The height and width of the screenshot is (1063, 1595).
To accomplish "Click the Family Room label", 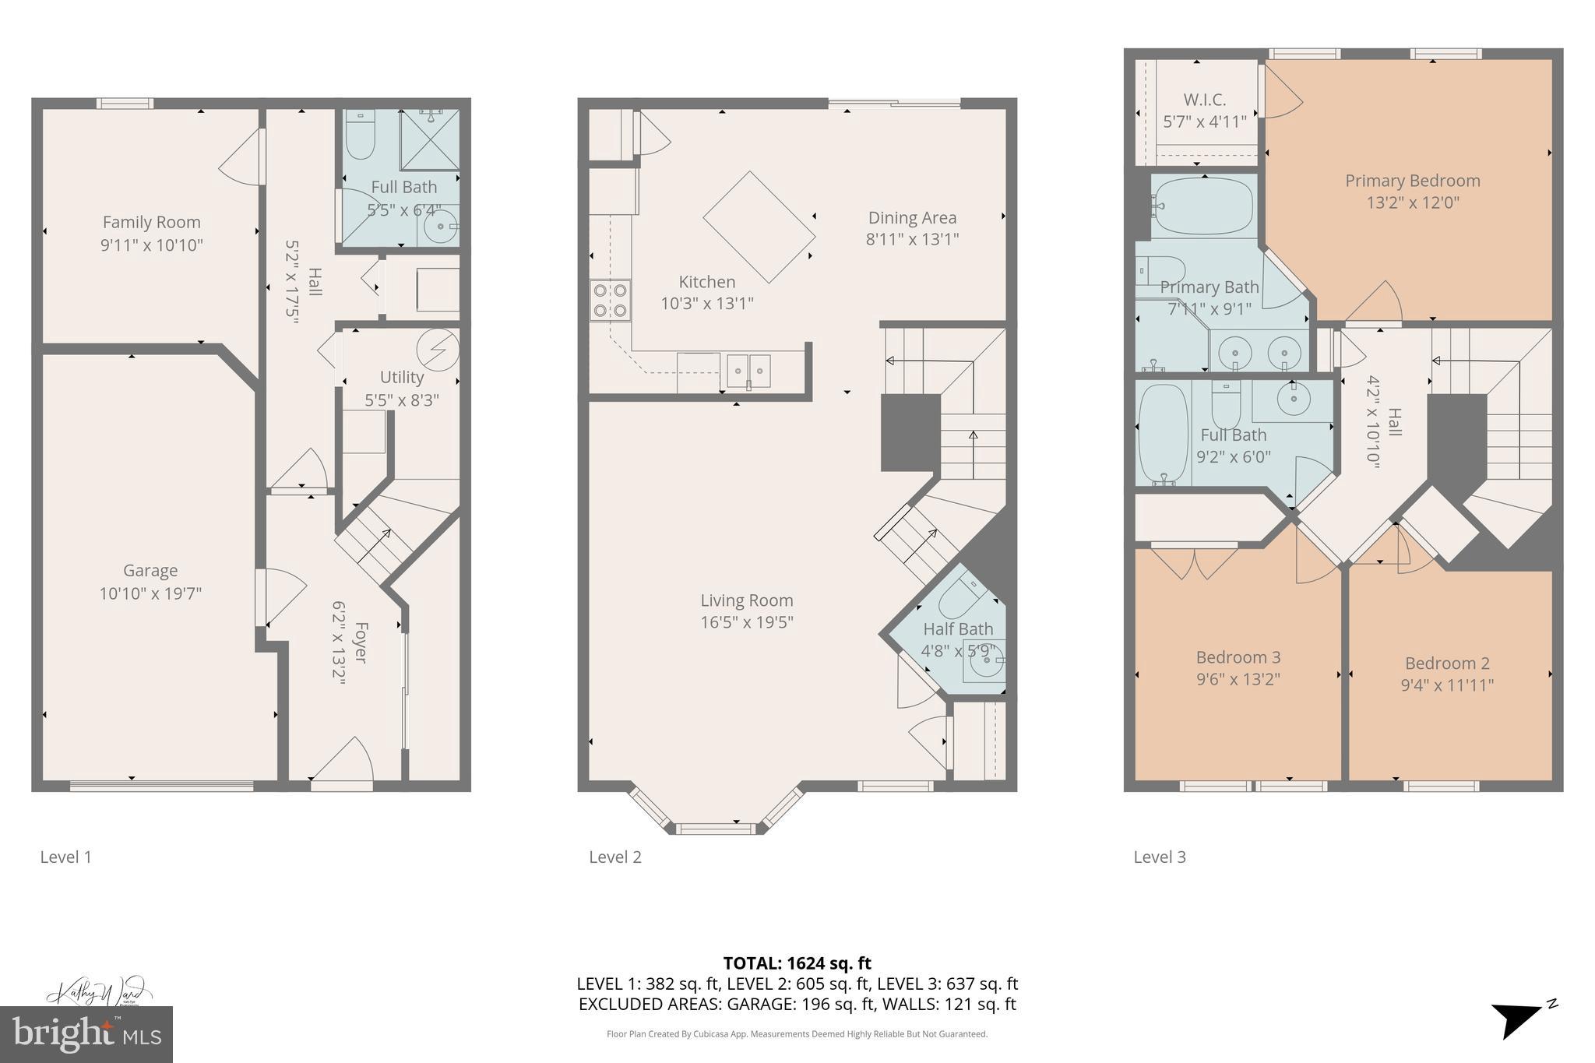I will coord(151,223).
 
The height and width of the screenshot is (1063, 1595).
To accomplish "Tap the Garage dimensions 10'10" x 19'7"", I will coord(150,593).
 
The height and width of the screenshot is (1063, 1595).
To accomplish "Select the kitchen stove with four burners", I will coord(610,301).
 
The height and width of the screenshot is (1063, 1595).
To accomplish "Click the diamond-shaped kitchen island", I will coord(759,227).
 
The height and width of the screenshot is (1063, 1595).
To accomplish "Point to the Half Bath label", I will coord(958,629).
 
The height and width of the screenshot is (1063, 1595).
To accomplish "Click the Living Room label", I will coord(746,600).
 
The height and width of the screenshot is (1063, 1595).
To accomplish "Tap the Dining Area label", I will coord(912,218).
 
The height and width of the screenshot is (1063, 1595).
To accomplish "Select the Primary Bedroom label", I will coord(1412,181).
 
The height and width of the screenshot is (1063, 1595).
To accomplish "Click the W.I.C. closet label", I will coord(1204,100).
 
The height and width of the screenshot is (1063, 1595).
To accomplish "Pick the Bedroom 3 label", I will coord(1238,657).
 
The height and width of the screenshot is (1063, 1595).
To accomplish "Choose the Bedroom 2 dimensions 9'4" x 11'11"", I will coord(1447,685).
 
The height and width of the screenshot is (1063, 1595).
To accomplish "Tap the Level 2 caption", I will coord(614,857).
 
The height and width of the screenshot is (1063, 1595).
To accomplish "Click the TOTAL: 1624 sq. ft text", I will coord(797,963).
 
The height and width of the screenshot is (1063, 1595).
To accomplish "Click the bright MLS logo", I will coord(86,1035).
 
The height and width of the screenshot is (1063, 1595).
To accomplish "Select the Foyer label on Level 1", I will coord(360,642).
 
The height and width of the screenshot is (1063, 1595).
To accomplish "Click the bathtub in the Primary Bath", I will coord(1203,206).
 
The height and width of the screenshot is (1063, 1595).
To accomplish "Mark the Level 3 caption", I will coord(1159,857).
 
